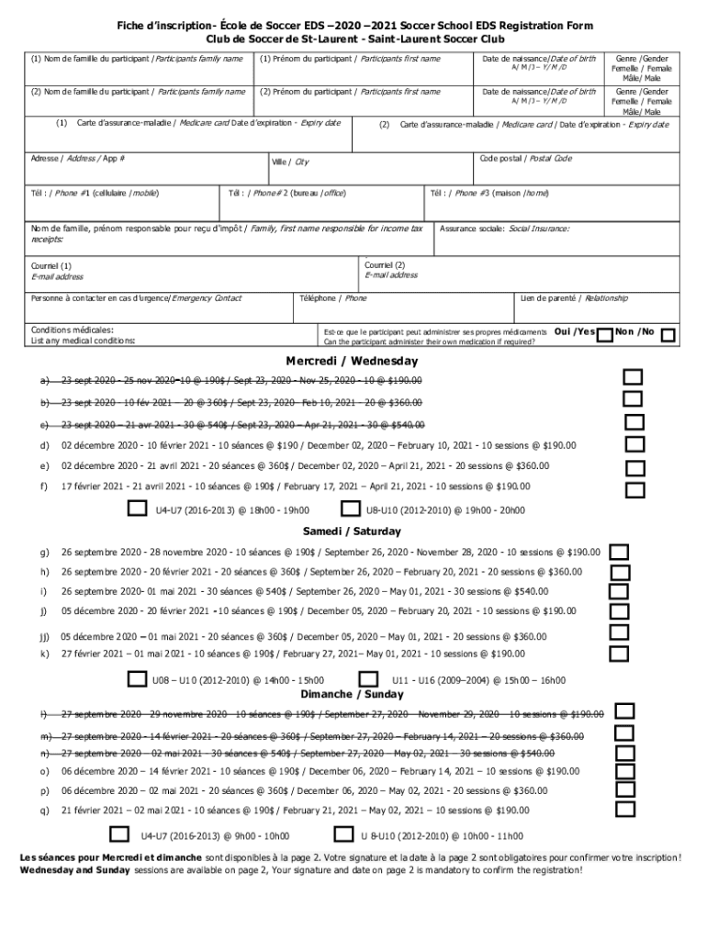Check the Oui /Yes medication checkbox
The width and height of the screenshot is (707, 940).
click(x=605, y=336)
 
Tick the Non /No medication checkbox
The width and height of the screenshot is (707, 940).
click(x=669, y=336)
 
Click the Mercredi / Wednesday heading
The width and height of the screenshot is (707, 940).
click(x=351, y=361)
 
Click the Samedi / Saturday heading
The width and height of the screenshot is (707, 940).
click(x=352, y=532)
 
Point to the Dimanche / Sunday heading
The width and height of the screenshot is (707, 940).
click(x=352, y=694)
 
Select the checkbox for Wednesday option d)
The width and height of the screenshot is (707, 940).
click(x=634, y=446)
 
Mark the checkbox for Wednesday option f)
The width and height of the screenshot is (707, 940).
click(x=634, y=491)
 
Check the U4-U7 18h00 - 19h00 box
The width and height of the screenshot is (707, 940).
click(x=136, y=508)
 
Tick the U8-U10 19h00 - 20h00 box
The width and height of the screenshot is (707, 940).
click(x=350, y=509)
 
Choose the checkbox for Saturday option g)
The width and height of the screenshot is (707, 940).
click(x=620, y=552)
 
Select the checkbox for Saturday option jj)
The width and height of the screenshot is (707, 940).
click(x=620, y=635)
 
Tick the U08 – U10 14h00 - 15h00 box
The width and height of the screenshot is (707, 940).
click(x=136, y=679)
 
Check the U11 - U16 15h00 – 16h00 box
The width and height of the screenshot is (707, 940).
click(x=369, y=679)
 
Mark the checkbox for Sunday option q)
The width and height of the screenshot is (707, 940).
click(x=626, y=809)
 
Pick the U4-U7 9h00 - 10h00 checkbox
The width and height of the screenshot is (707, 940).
click(x=119, y=834)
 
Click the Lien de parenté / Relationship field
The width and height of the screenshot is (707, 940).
click(x=597, y=309)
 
